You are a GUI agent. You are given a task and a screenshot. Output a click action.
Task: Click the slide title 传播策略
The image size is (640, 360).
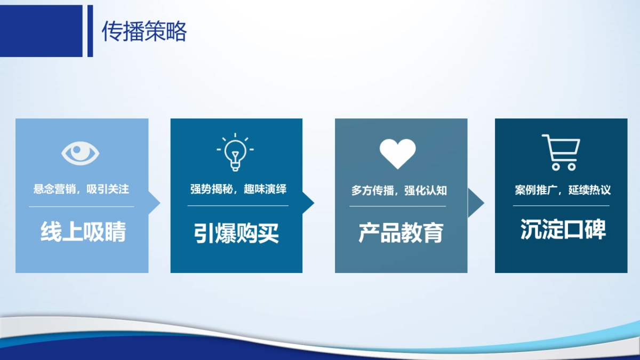144,32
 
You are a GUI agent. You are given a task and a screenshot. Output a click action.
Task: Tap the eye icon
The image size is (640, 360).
81,153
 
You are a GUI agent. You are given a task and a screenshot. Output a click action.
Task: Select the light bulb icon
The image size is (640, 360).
235,153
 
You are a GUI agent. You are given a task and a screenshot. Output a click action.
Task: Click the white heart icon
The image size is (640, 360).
397,153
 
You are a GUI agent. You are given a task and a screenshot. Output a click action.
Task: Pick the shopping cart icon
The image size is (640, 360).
561,152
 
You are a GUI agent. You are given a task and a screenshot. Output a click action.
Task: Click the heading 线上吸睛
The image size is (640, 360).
83,233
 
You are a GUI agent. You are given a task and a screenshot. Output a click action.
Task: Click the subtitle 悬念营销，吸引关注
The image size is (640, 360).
81,189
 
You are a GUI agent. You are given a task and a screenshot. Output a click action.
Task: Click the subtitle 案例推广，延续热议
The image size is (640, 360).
562,190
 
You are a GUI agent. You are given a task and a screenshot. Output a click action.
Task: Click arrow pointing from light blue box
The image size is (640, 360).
154,203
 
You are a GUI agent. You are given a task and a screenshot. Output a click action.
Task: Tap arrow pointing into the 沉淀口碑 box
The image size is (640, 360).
475,203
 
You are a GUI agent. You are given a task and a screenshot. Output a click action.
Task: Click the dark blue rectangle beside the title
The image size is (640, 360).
41,31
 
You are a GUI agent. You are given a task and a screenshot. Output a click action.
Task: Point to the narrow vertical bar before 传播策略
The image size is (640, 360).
90,31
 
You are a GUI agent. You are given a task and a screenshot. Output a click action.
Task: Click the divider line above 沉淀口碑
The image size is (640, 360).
561,206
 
